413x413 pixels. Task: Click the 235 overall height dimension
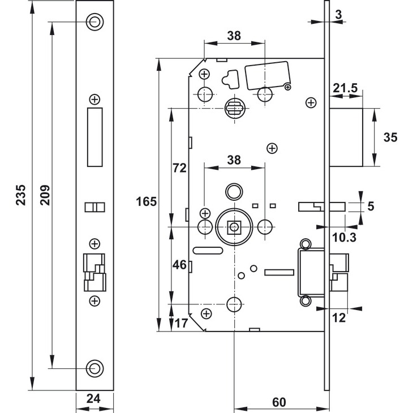21,195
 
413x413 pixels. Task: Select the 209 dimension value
45,195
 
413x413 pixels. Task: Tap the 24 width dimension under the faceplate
93,398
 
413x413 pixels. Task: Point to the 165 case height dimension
146,202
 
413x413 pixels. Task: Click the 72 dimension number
179,168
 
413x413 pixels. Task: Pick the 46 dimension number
179,265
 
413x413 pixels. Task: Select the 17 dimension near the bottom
181,323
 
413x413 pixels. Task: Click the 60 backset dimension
279,402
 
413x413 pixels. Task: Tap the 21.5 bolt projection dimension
345,88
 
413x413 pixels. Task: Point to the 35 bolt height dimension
390,137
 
